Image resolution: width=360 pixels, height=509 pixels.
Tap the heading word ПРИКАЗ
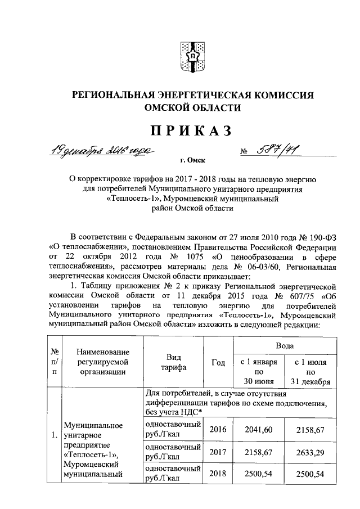[x=190, y=130]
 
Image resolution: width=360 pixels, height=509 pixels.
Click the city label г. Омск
[x=190, y=160]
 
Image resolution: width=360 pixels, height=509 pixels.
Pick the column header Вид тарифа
[x=173, y=363]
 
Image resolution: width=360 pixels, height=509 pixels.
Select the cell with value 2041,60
[x=259, y=430]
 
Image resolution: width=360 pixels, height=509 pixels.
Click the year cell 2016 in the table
[x=218, y=430]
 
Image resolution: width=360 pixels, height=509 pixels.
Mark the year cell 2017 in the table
[x=218, y=452]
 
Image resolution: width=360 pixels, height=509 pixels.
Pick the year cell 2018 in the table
[x=218, y=474]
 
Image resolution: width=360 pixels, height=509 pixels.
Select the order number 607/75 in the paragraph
[x=291, y=296]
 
